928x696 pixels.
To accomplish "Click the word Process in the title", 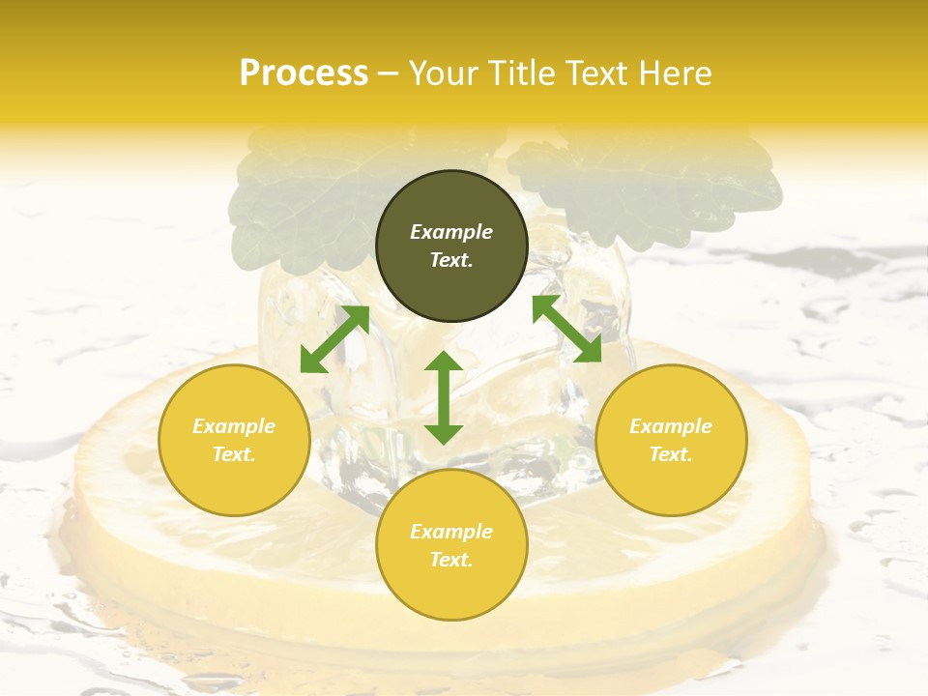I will tap(304, 73).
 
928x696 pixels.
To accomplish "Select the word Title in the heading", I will tap(522, 73).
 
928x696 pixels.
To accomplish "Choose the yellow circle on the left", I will tap(234, 440).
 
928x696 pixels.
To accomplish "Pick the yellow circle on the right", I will tap(671, 440).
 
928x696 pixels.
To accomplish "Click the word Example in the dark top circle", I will tap(451, 232).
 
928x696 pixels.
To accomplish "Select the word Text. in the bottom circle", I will tap(451, 560).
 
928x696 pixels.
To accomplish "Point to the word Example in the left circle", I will tap(234, 426).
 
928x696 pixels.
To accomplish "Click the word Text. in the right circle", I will tap(671, 454).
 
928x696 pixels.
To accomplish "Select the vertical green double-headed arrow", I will tap(444, 397).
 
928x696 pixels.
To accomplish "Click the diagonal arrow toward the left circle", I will tap(334, 339).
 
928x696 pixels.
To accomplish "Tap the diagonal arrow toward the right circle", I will tap(566, 330).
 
